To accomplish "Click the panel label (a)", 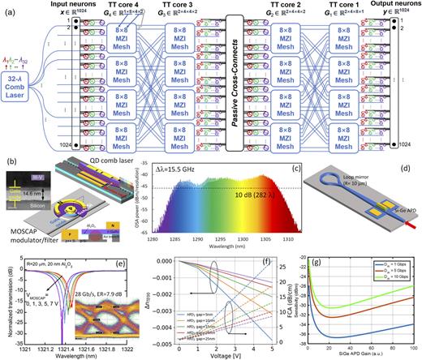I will [x=7, y=6].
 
